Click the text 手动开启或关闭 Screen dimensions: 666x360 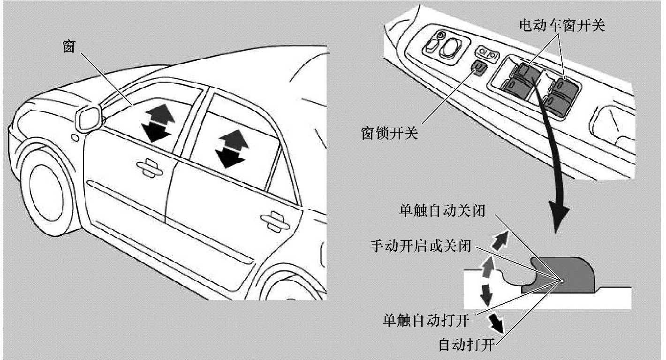[x=421, y=246]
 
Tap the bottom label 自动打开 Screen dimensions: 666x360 [x=466, y=345]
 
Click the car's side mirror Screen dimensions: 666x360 [x=89, y=117]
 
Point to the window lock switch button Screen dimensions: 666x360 [x=478, y=69]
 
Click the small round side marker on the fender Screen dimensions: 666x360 [x=75, y=138]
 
